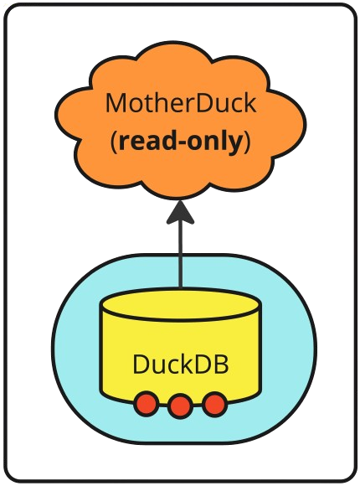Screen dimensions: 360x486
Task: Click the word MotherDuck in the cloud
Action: tap(181, 103)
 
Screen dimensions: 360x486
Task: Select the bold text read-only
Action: tap(180, 142)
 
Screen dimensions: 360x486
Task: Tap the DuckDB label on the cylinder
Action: tap(181, 364)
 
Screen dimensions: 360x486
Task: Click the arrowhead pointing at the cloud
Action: tap(180, 212)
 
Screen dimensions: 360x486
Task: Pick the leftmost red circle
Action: tap(146, 404)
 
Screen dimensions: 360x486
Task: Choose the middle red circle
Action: tap(180, 406)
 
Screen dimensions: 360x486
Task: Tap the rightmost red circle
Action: tap(215, 404)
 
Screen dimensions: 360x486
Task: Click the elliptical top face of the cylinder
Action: tap(180, 304)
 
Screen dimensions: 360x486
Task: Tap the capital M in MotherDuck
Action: tap(116, 104)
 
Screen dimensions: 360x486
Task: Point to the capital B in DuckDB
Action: tap(222, 364)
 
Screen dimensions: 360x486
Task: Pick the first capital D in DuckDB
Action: tap(141, 364)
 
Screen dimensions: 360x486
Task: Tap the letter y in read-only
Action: tap(234, 145)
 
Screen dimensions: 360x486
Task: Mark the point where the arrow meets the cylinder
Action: tap(180, 289)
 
